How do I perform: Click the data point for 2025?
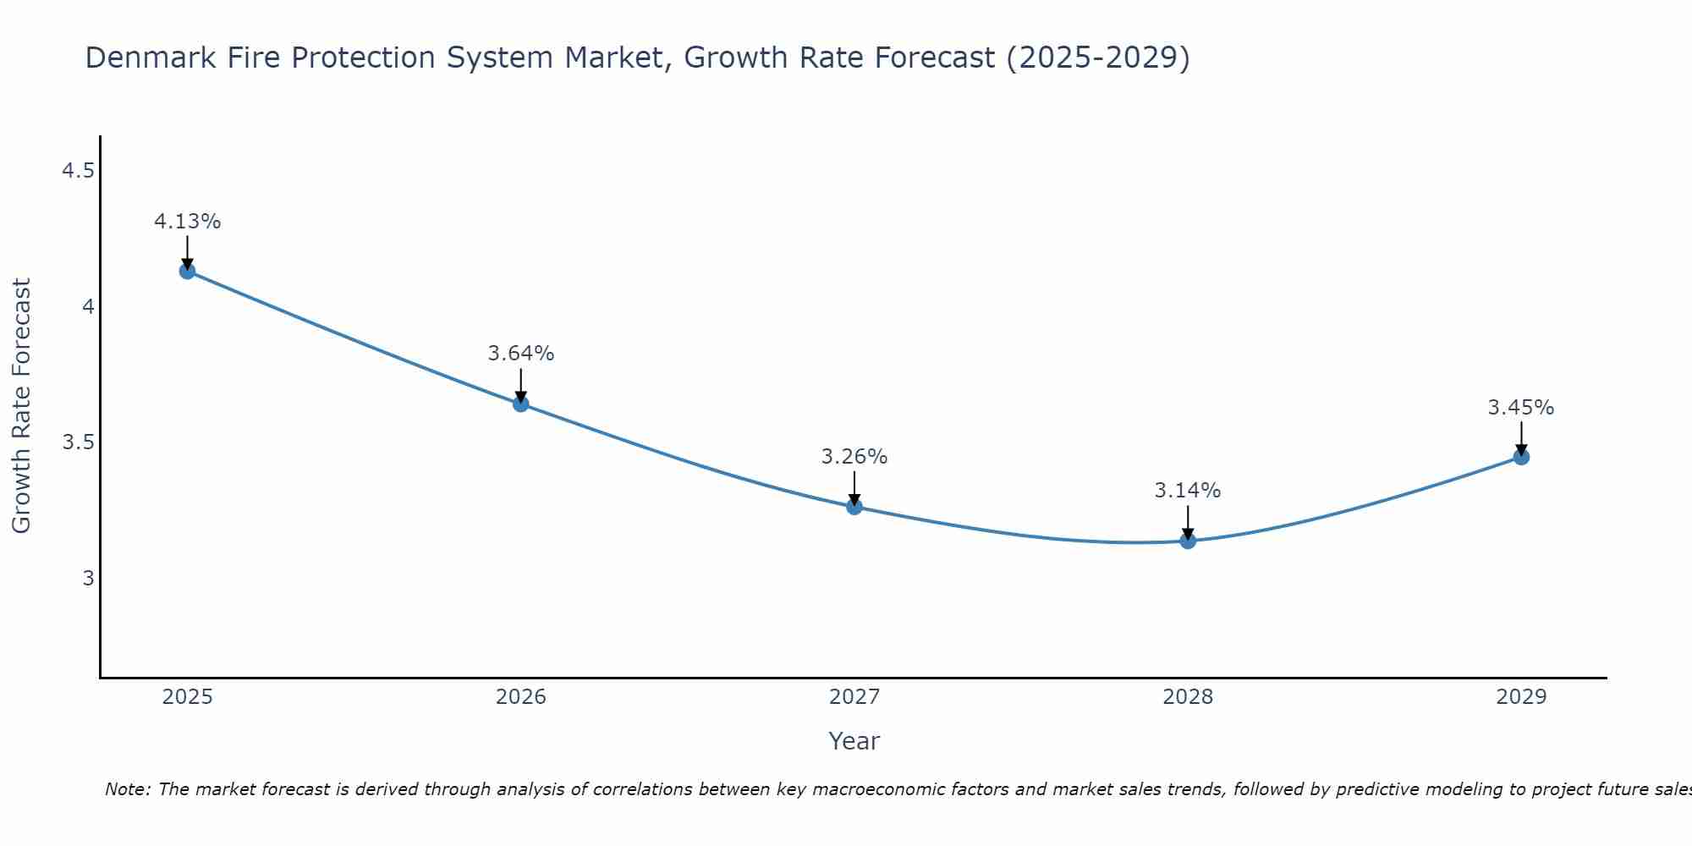coord(187,272)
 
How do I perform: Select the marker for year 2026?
coord(521,404)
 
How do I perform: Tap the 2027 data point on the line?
coord(854,507)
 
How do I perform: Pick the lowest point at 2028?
coord(1188,541)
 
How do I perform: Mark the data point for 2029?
coord(1521,458)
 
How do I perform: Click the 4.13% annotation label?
coord(187,222)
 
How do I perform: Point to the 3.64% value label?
coord(521,354)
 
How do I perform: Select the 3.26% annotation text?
coord(854,457)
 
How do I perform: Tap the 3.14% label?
coord(1188,491)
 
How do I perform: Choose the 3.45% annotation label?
coord(1521,408)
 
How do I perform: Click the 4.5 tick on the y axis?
coord(77,172)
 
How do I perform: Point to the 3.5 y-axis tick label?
coord(77,442)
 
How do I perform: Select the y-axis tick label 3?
coord(87,579)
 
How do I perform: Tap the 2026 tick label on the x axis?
coord(521,697)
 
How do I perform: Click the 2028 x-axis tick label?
coord(1188,697)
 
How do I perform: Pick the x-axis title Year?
coord(854,741)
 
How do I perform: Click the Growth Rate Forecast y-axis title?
coord(22,406)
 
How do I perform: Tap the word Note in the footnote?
coord(127,789)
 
